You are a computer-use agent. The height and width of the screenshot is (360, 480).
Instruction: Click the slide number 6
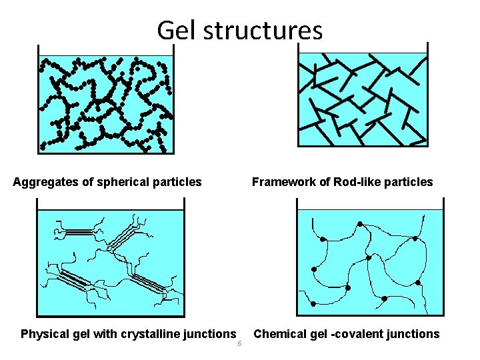[239, 344]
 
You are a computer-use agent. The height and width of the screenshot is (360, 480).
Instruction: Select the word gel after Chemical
[318, 334]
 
